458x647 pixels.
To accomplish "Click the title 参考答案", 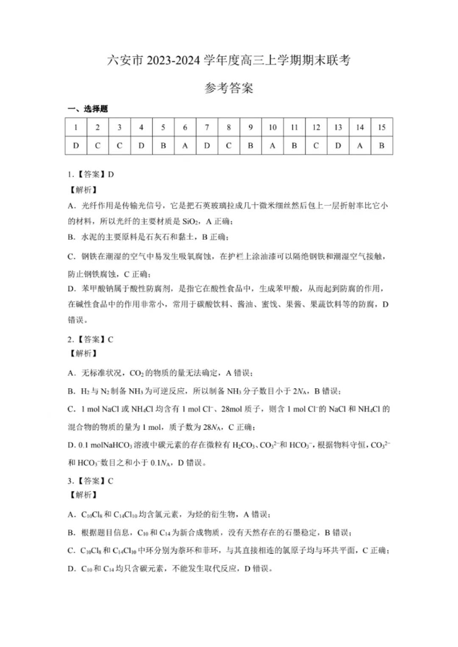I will (229, 89).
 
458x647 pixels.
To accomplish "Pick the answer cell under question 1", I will (76, 146).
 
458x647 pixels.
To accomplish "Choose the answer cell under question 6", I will (185, 146).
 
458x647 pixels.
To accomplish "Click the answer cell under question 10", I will (272, 146).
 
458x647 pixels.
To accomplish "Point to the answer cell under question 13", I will (338, 146).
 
